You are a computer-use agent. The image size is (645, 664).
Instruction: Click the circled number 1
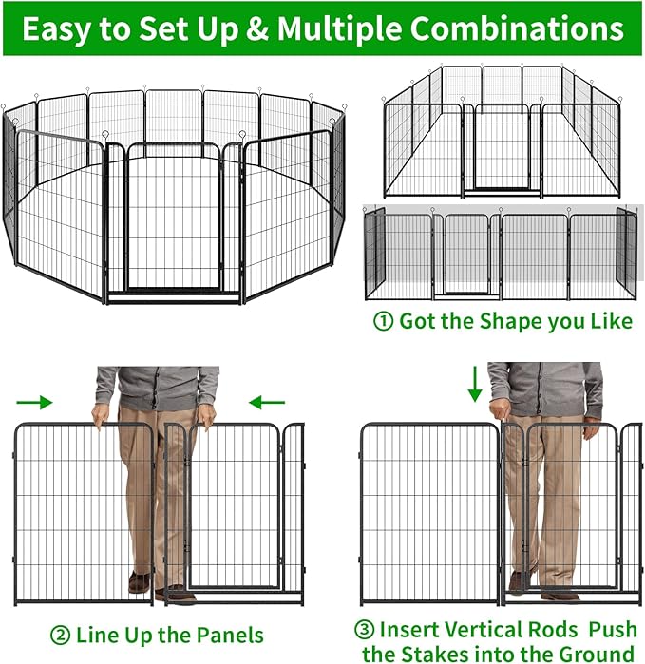[383, 321]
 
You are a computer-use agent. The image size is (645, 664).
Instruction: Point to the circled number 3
[365, 630]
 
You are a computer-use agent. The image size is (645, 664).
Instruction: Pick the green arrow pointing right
[34, 403]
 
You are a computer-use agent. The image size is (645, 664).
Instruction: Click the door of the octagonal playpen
[173, 223]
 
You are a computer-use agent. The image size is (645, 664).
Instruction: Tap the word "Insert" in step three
[410, 630]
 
